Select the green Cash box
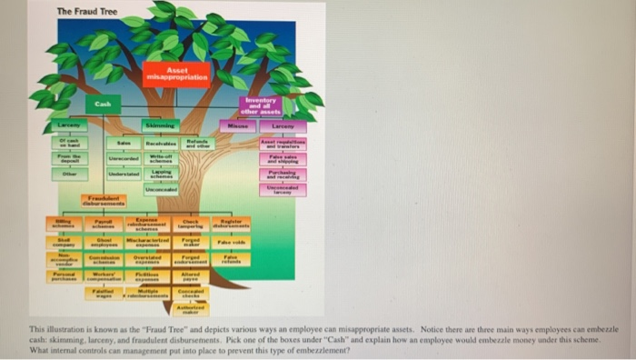tap(103, 105)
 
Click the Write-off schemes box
tap(161, 159)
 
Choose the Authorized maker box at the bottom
tap(191, 309)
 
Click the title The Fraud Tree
tap(87, 10)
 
